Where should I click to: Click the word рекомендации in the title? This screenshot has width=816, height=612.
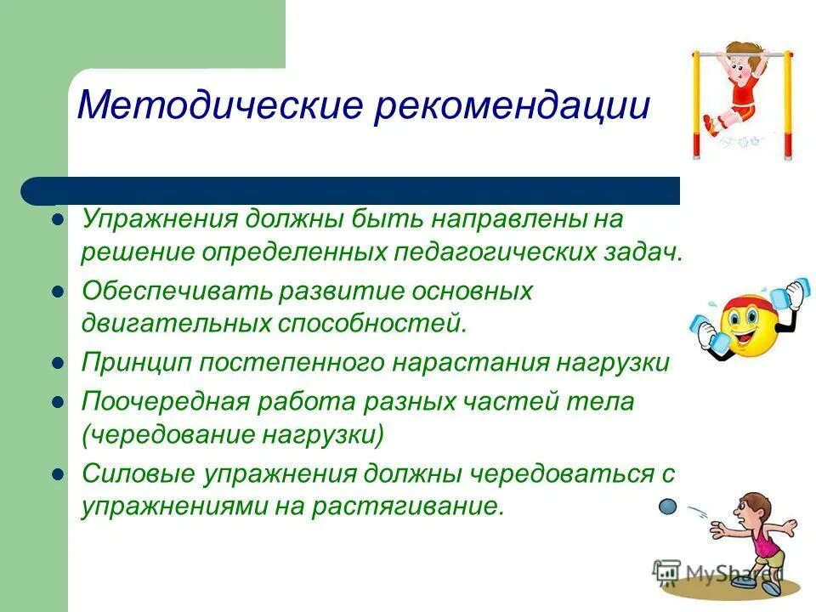512,107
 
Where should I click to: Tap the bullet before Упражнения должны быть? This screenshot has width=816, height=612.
59,218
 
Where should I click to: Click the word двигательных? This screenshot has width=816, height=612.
175,324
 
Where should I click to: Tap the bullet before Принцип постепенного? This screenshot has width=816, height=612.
59,363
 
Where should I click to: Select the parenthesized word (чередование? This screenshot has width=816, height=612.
165,435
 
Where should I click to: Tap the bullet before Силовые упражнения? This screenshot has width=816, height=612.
59,473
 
